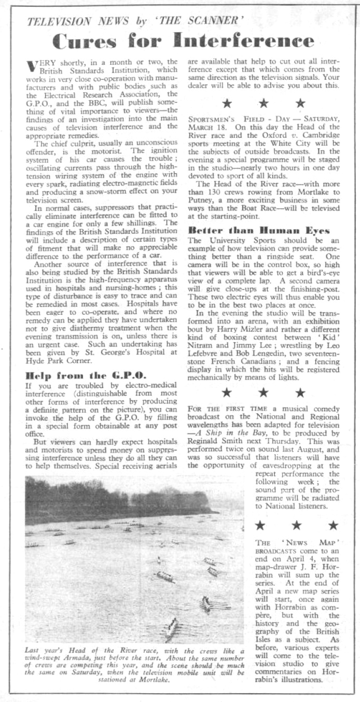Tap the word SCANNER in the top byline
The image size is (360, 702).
coord(189,21)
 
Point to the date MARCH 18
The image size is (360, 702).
coord(207,127)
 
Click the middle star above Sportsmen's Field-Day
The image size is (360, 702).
coord(264,103)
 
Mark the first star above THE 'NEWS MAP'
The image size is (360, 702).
coord(260,526)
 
